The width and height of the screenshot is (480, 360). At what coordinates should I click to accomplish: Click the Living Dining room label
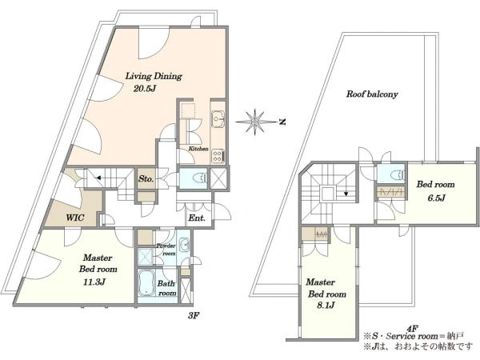154,76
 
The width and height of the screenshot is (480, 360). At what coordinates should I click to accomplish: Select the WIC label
75,218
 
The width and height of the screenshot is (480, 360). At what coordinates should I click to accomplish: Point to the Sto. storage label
146,178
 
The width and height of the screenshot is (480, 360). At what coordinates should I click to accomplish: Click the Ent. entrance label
197,218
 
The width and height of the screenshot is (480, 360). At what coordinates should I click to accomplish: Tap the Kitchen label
198,149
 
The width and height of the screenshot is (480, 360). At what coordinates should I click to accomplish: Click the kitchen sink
218,118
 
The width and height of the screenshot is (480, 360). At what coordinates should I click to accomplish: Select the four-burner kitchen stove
218,155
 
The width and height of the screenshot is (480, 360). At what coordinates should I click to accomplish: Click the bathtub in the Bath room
146,283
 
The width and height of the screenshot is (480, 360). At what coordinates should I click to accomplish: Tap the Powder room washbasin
184,246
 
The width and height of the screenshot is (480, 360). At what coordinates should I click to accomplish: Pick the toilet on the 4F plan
398,174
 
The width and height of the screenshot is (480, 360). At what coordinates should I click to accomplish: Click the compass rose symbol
254,122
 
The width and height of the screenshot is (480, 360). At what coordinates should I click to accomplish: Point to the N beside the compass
283,122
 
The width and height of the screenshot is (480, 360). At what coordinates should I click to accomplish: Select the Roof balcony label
372,94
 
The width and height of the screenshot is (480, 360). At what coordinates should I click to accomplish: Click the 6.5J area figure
437,198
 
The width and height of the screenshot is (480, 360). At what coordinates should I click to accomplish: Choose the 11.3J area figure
94,282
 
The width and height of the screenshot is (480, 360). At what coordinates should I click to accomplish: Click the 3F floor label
194,315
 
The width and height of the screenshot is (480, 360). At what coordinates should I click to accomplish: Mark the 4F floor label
412,329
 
